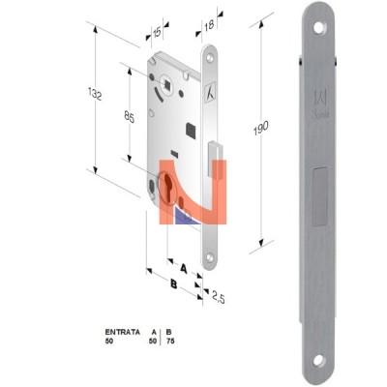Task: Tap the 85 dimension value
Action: click(x=130, y=117)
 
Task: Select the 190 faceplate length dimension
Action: click(x=260, y=128)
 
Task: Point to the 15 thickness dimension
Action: click(x=157, y=32)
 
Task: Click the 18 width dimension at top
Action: click(x=209, y=24)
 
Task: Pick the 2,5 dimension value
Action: click(x=218, y=297)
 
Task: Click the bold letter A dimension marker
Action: click(x=184, y=268)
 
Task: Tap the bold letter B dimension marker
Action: click(x=174, y=284)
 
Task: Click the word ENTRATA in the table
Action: click(x=123, y=332)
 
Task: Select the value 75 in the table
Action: click(x=170, y=341)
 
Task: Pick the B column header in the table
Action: click(x=168, y=332)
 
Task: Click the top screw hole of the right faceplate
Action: click(x=319, y=27)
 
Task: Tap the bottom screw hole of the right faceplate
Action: click(x=319, y=360)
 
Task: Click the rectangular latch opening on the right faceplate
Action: click(x=320, y=196)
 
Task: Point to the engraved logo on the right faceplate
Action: click(x=321, y=104)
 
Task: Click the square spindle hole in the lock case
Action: click(x=167, y=84)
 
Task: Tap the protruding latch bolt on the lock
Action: click(x=215, y=159)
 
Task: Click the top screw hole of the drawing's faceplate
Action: click(x=210, y=57)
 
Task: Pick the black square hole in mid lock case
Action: click(x=192, y=131)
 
